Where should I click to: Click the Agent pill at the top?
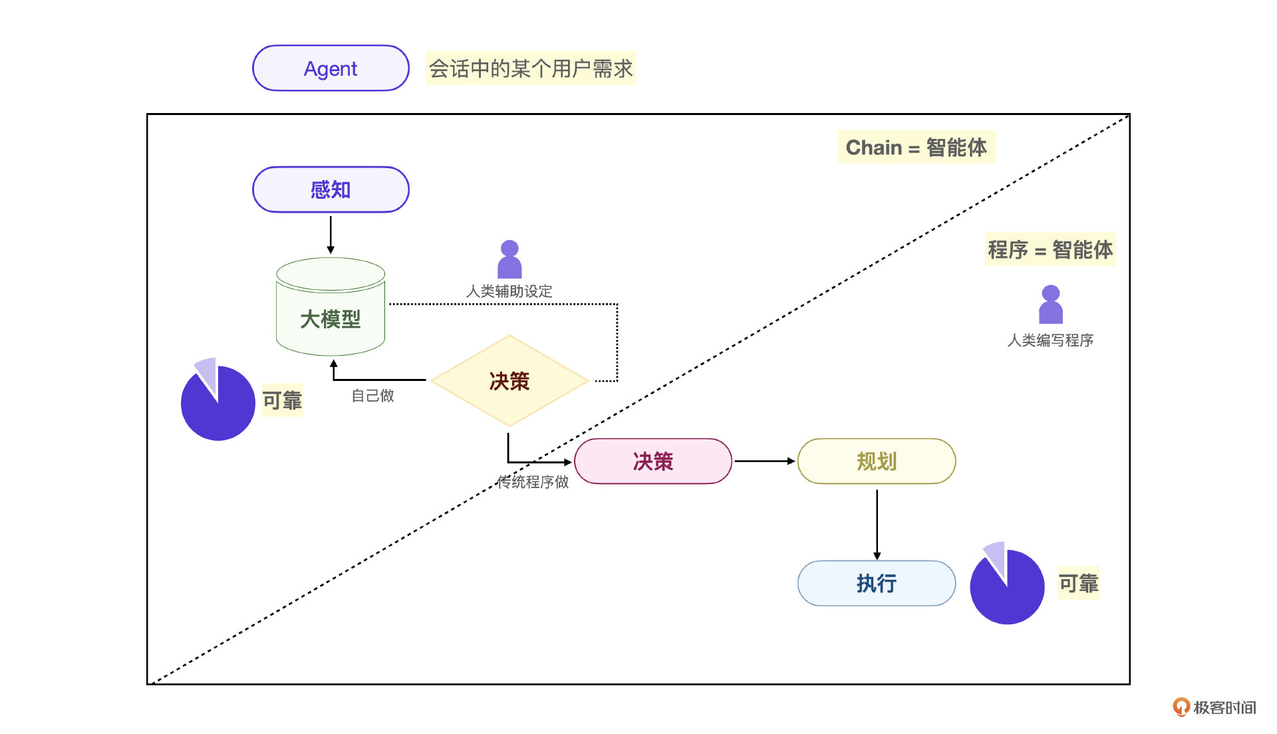click(x=331, y=68)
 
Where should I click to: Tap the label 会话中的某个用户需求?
click(x=531, y=68)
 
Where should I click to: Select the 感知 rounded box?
click(x=331, y=190)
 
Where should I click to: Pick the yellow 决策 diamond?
click(x=509, y=381)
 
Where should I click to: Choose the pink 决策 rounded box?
click(x=652, y=461)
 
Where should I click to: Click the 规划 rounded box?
click(x=877, y=461)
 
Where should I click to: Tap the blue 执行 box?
click(x=877, y=584)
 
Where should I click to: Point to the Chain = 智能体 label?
click(x=916, y=147)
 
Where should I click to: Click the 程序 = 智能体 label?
click(x=1050, y=250)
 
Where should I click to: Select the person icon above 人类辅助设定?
click(x=509, y=259)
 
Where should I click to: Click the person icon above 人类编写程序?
click(x=1051, y=305)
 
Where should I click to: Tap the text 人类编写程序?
click(x=1050, y=340)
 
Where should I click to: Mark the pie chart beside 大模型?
click(x=217, y=402)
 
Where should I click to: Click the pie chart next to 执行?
click(x=1007, y=586)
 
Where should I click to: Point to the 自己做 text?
click(x=372, y=396)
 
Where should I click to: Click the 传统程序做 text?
click(x=533, y=482)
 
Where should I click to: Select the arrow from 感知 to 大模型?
click(x=331, y=234)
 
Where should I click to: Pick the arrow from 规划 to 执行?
click(x=877, y=525)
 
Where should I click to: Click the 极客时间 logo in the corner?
click(x=1214, y=707)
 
